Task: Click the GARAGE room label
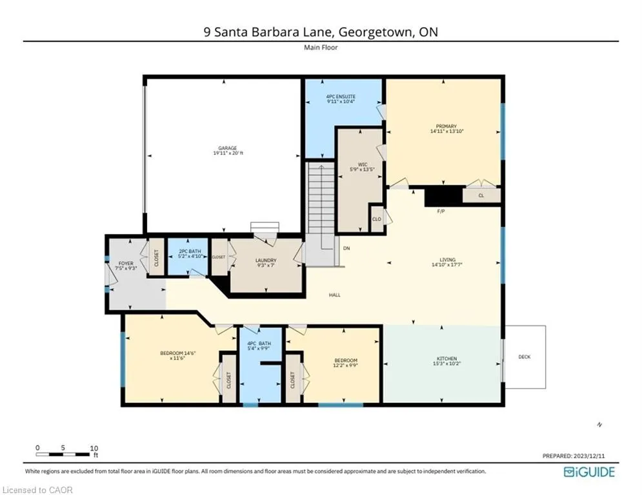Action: pyautogui.click(x=223, y=148)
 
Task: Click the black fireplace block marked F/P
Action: pyautogui.click(x=444, y=196)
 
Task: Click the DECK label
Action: pyautogui.click(x=525, y=356)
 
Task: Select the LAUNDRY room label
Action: pyautogui.click(x=265, y=260)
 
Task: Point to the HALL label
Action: pyautogui.click(x=334, y=295)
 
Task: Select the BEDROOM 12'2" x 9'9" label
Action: pyautogui.click(x=345, y=360)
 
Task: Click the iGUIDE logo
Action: pyautogui.click(x=589, y=472)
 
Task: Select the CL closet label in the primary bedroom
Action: pyautogui.click(x=481, y=195)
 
